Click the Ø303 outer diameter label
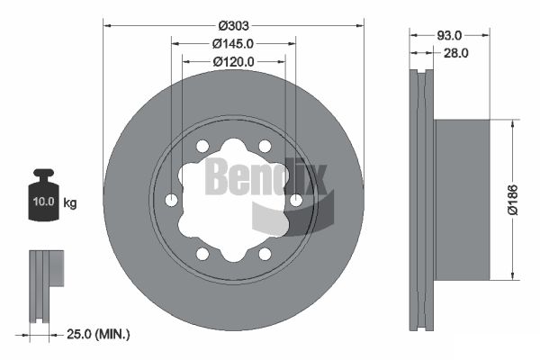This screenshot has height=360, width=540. tap(233, 25)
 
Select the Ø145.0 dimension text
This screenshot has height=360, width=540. tap(233, 44)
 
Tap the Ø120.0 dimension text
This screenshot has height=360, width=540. tap(233, 62)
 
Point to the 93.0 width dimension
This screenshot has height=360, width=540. tap(449, 35)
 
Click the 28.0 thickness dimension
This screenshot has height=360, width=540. tap(455, 53)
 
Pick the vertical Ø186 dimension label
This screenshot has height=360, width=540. tap(513, 200)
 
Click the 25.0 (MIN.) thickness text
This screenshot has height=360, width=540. tap(98, 334)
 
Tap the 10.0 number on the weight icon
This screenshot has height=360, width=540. tap(43, 202)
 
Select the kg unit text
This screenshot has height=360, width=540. tap(70, 202)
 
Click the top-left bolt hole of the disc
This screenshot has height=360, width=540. tap(202, 146)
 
